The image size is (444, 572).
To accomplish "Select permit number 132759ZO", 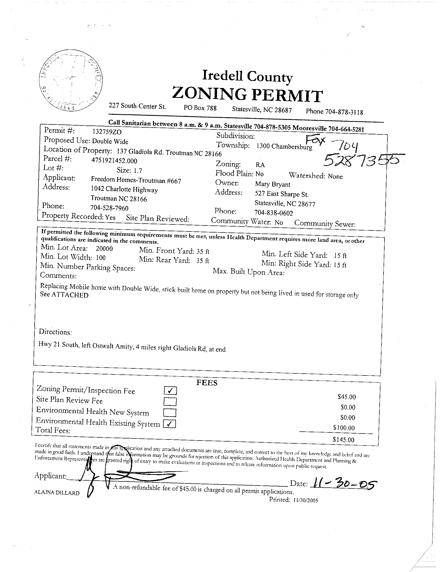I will (107, 132).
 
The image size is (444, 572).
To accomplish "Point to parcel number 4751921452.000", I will (114, 160).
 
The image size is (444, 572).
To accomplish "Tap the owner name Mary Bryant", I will (273, 184).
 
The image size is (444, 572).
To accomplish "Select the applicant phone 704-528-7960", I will (109, 208).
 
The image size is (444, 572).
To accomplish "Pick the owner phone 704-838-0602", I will (274, 213).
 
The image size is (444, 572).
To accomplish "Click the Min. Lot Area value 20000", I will (104, 249).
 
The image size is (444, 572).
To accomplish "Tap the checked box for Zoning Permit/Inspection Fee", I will (170, 391).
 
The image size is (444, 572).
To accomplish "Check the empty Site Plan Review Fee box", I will (170, 401).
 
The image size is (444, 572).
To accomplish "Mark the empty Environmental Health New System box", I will (170, 413).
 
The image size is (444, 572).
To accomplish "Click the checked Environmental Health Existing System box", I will (169, 424).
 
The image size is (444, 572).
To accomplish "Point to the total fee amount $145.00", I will (343, 439).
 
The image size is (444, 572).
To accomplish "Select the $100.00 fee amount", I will (344, 428).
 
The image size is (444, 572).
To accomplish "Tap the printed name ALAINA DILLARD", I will (57, 493).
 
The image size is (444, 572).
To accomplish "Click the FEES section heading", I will (207, 383).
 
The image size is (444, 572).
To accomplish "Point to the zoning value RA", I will (260, 165).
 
